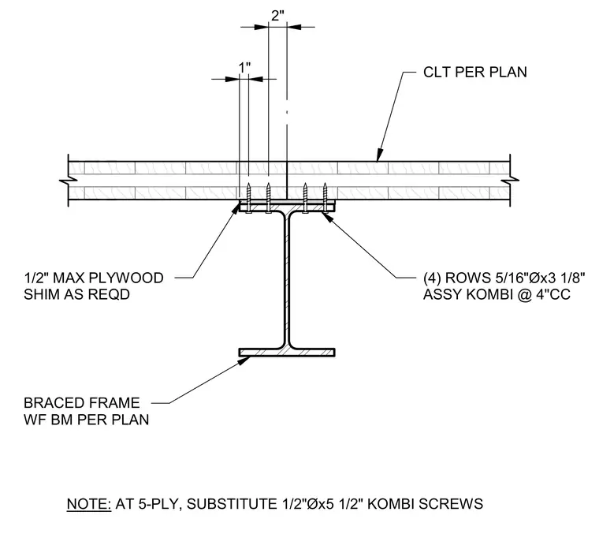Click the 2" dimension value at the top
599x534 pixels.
pyautogui.click(x=277, y=16)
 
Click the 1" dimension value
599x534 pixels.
pyautogui.click(x=244, y=68)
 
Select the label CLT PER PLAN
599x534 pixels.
pyautogui.click(x=474, y=73)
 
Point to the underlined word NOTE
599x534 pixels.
pyautogui.click(x=89, y=504)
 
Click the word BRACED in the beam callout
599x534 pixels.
pyautogui.click(x=50, y=403)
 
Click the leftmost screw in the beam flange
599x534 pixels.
pyautogui.click(x=249, y=198)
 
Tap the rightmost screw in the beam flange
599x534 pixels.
pyautogui.click(x=325, y=198)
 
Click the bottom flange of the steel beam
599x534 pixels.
pyautogui.click(x=287, y=352)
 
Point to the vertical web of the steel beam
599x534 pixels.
pyautogui.click(x=287, y=280)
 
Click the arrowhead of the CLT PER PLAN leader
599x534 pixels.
pyautogui.click(x=379, y=155)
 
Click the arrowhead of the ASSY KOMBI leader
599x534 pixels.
pyautogui.click(x=326, y=216)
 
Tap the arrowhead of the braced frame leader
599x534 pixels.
pyautogui.click(x=245, y=360)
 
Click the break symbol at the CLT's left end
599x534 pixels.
pyautogui.click(x=68, y=180)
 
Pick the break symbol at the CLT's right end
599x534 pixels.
pyautogui.click(x=510, y=180)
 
